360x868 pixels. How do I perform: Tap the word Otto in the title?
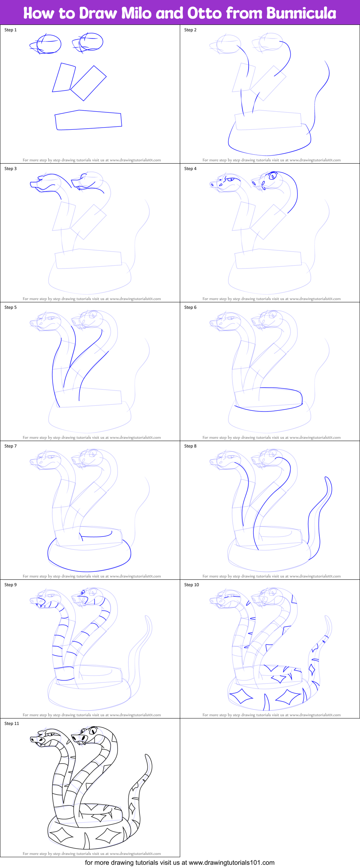point(204,13)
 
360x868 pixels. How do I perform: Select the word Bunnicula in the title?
point(301,13)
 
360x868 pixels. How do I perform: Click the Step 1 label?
point(10,30)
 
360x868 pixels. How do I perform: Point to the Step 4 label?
point(190,169)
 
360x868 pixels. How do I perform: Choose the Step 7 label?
point(10,446)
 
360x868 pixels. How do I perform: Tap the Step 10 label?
point(191,585)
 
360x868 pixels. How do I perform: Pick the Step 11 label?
point(12,724)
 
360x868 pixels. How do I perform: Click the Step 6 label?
point(190,307)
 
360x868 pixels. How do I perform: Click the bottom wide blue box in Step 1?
point(88,120)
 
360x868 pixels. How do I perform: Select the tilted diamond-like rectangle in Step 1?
point(88,83)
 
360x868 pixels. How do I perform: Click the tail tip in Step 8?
point(326,478)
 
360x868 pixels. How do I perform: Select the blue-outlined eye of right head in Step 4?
point(273,176)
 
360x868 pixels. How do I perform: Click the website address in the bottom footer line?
point(231,863)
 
